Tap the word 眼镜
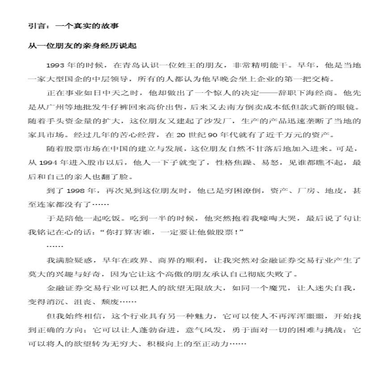pos(349,109)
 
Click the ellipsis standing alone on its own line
pos(55,246)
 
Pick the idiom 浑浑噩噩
pos(303,316)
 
